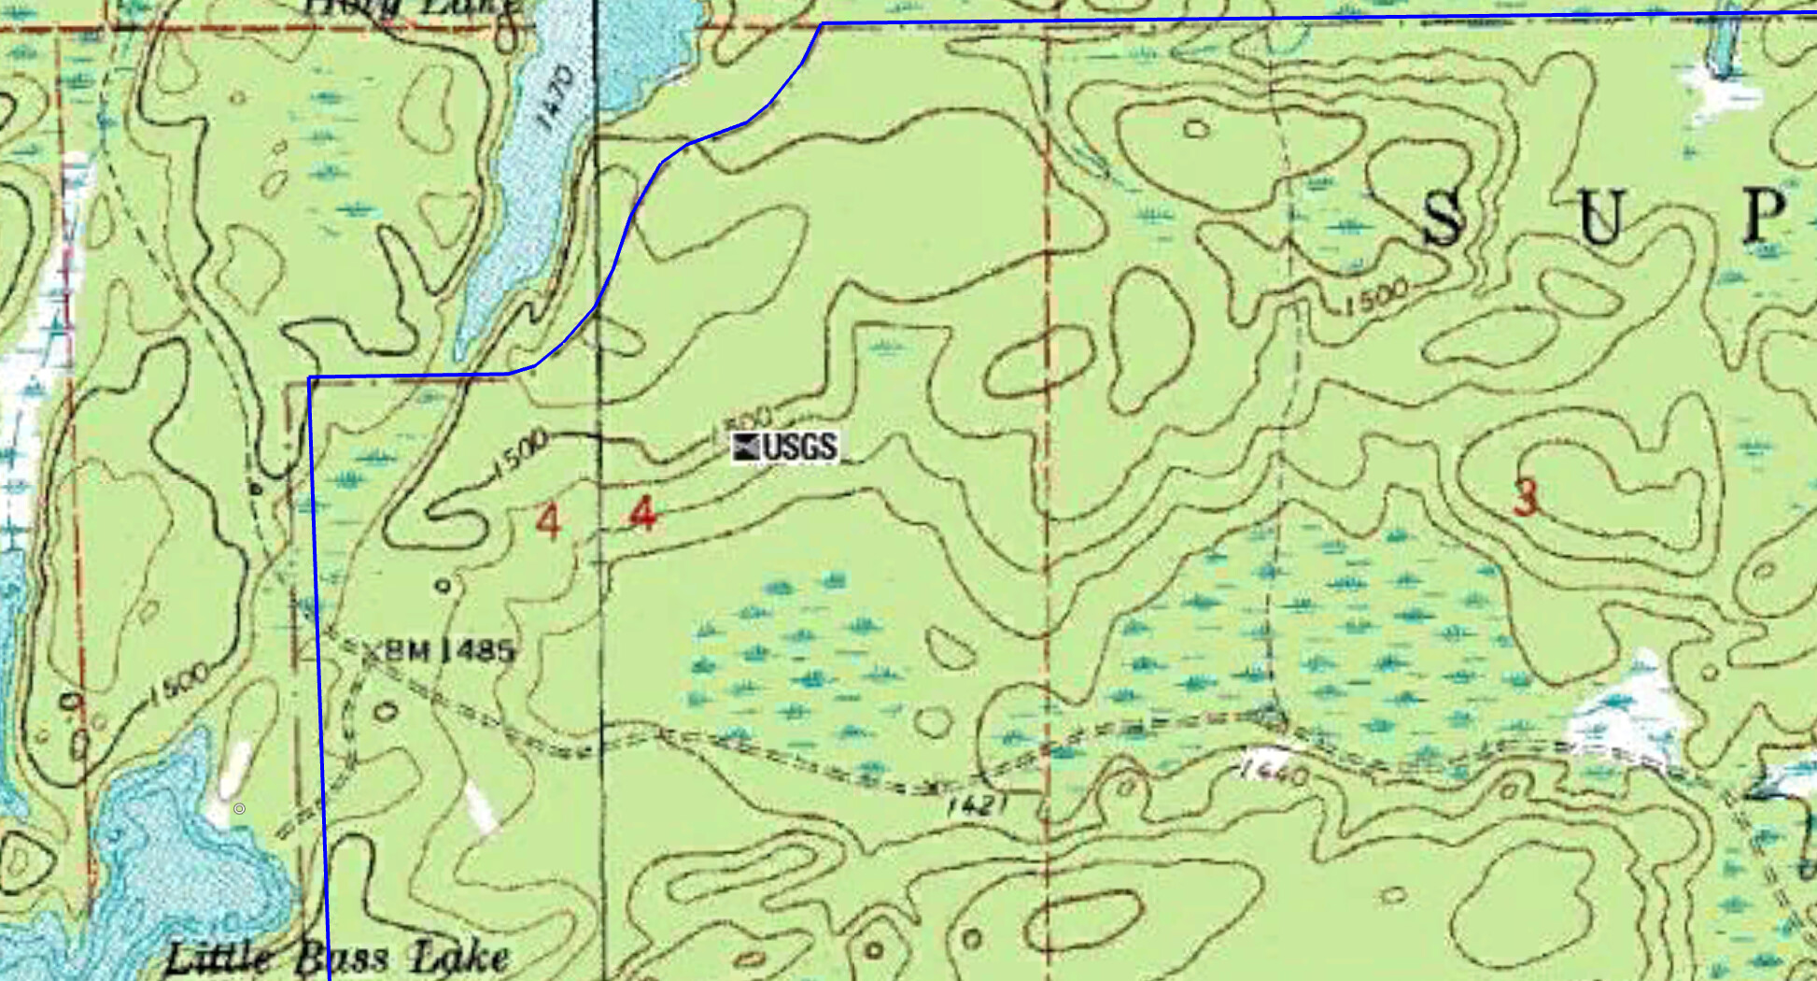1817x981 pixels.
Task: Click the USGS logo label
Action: coord(785,447)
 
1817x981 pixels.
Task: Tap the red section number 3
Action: coord(1525,496)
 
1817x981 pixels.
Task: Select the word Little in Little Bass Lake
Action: coord(219,958)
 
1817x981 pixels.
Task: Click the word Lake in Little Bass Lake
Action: coord(460,958)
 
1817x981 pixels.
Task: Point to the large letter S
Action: coord(1444,219)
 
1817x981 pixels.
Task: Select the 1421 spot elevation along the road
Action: coord(978,804)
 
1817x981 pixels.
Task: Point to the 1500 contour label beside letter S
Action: coord(1376,298)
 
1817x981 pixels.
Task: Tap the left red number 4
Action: coord(548,521)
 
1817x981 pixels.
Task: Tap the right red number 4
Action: coord(642,514)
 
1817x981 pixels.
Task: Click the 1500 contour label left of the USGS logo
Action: coord(518,452)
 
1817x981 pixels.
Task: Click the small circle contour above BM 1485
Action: coord(444,586)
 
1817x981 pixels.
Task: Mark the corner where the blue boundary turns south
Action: coord(310,378)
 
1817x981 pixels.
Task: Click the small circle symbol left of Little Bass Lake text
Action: coord(239,808)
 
